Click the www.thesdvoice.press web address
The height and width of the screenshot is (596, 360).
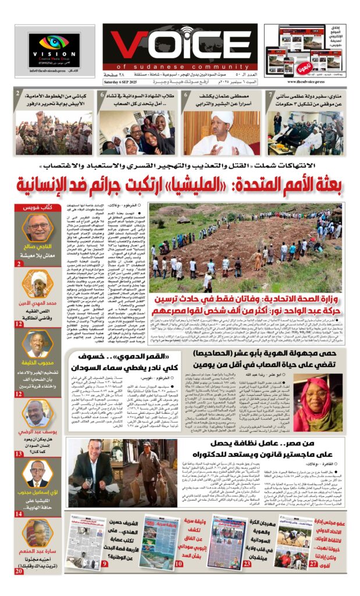pyautogui.click(x=308, y=82)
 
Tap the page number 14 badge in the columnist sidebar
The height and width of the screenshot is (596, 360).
pyautogui.click(x=19, y=514)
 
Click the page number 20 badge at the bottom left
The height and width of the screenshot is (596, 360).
pyautogui.click(x=19, y=571)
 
